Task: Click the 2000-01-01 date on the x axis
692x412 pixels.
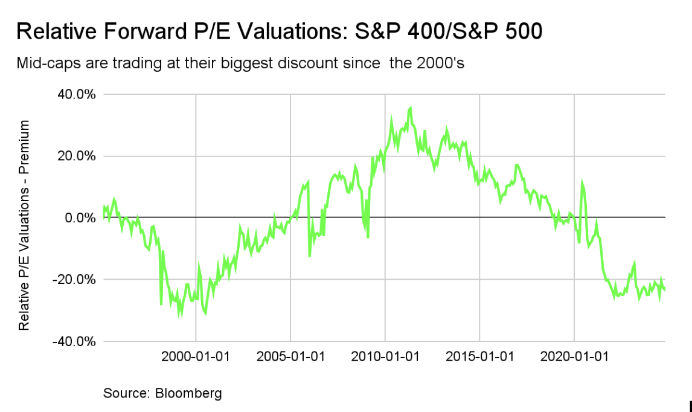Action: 196,356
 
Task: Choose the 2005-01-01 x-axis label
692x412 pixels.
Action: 290,356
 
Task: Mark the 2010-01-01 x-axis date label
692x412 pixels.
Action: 385,356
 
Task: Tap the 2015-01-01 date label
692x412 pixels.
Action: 479,356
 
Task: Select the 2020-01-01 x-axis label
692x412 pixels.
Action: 574,356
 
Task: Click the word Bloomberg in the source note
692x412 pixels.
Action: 188,394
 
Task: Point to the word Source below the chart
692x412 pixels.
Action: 126,394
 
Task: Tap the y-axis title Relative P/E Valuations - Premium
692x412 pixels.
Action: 24,225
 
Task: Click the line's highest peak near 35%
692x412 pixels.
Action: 411,108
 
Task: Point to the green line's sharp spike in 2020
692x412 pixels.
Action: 581,181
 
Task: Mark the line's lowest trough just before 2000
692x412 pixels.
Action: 179,315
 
